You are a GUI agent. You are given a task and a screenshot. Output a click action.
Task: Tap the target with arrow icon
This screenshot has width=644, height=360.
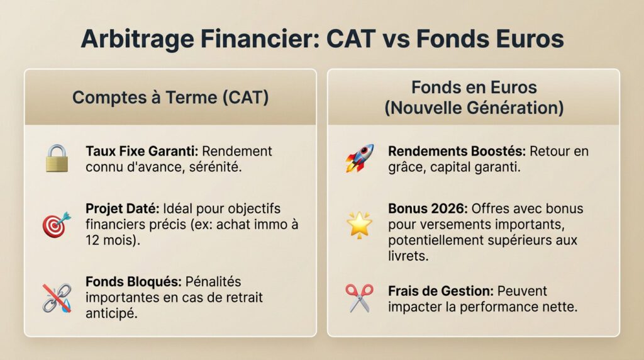coord(56,224)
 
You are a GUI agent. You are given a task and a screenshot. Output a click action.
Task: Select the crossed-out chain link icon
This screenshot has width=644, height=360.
coord(56,298)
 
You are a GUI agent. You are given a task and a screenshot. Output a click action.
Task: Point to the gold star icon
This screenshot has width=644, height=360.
coord(359,224)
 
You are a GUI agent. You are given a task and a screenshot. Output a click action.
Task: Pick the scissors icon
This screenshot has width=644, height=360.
coord(359,298)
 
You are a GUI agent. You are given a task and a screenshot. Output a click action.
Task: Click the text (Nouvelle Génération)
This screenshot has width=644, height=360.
coord(474,108)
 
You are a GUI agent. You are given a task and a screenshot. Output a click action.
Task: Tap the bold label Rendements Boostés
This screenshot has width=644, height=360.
coord(457,151)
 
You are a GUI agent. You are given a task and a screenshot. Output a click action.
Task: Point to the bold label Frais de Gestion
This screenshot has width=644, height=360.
coord(441,291)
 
